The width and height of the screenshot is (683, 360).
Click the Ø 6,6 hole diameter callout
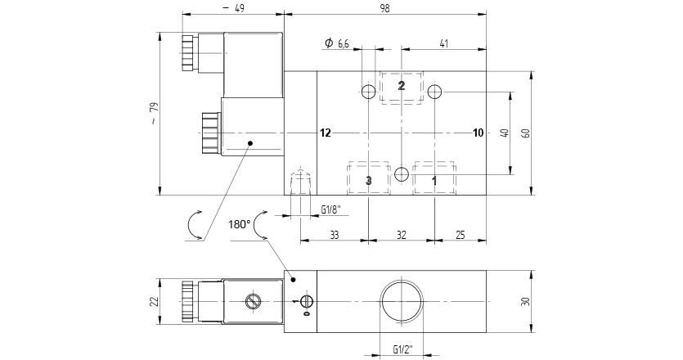(337, 43)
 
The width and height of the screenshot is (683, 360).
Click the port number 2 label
(402, 86)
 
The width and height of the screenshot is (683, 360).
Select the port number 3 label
(369, 180)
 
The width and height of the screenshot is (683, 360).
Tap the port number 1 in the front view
(434, 180)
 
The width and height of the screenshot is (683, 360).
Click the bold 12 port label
(326, 133)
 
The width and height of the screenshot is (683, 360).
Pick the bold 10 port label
(479, 133)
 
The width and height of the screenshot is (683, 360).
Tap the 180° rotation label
(239, 223)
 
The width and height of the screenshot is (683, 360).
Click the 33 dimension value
(335, 235)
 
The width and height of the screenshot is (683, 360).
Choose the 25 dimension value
(459, 235)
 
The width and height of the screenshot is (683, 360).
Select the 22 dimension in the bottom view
(154, 302)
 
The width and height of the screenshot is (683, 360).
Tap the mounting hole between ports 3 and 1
(402, 174)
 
